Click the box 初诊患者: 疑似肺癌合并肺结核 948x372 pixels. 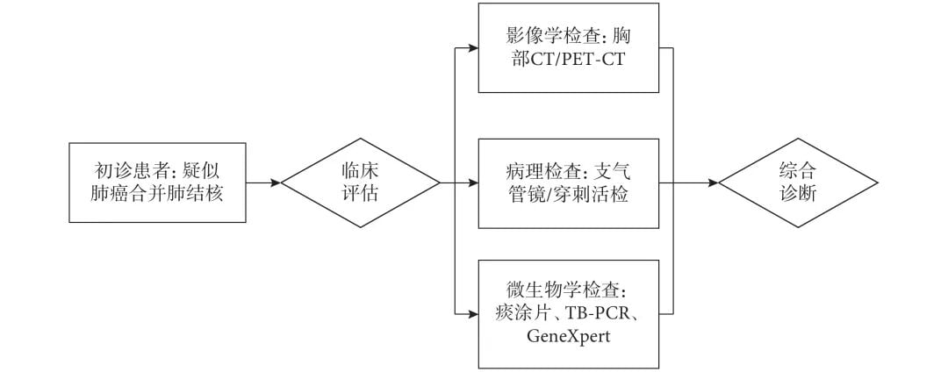pos(157,182)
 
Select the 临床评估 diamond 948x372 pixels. pos(360,182)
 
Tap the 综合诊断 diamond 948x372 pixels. pos(798,182)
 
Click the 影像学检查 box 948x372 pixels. pos(568,47)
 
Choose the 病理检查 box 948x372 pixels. pos(568,182)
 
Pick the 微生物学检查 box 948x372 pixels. pos(568,313)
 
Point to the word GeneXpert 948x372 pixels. pos(568,336)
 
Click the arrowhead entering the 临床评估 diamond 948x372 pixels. pos(276,182)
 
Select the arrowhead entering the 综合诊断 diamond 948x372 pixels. pos(713,182)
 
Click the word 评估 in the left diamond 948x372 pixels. pos(360,194)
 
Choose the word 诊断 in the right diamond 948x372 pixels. pos(798,194)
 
